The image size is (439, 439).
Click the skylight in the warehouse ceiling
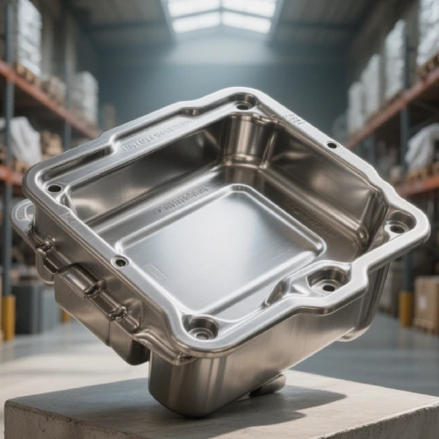[x=221, y=15]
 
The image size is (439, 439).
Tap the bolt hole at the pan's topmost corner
[x=242, y=106]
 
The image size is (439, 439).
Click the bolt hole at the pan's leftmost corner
[x=54, y=188]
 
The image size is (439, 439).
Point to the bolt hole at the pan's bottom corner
[x=202, y=332]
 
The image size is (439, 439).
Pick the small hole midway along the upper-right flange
[x=332, y=145]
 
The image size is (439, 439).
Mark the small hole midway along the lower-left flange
[x=120, y=261]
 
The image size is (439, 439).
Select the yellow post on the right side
[x=406, y=308]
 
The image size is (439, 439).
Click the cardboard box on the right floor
[x=426, y=299]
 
